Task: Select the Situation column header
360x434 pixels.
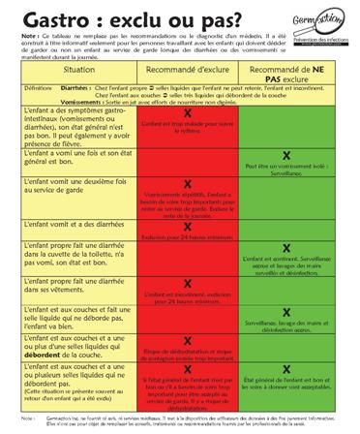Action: (66, 100)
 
